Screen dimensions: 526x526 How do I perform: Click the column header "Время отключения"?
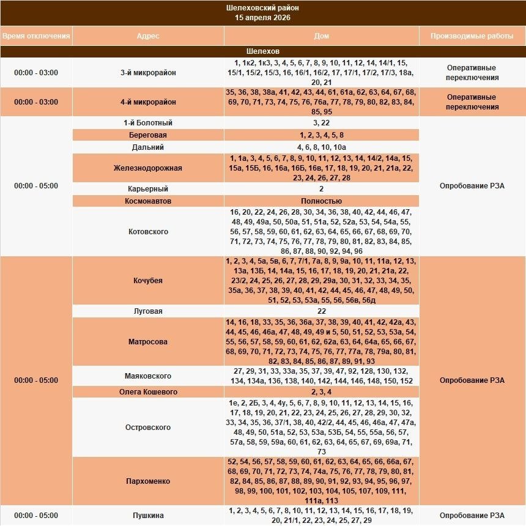[36, 36]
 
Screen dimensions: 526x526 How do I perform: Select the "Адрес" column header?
[148, 36]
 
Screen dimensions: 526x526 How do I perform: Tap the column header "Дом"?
[321, 36]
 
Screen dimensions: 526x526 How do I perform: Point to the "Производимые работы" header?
[472, 36]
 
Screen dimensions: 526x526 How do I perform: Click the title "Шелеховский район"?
[262, 8]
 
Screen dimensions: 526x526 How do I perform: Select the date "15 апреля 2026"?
[262, 18]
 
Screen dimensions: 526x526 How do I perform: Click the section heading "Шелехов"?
[262, 51]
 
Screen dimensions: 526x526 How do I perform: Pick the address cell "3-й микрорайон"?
[148, 73]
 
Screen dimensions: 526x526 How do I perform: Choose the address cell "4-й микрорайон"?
[148, 102]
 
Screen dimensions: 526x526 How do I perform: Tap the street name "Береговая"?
[148, 135]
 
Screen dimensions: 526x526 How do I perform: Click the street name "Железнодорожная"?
[148, 168]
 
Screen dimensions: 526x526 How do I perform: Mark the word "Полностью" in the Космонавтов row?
[321, 201]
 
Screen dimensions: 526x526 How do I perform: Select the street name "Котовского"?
[148, 232]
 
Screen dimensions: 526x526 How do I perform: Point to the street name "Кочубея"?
[148, 281]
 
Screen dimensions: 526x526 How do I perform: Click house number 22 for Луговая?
[321, 311]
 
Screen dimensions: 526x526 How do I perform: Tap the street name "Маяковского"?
[148, 376]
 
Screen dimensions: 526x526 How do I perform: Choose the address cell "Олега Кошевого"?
[148, 392]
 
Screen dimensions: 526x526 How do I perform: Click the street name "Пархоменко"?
[148, 481]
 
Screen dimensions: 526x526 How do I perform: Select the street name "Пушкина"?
[148, 516]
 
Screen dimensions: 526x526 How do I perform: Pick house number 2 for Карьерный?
[321, 189]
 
